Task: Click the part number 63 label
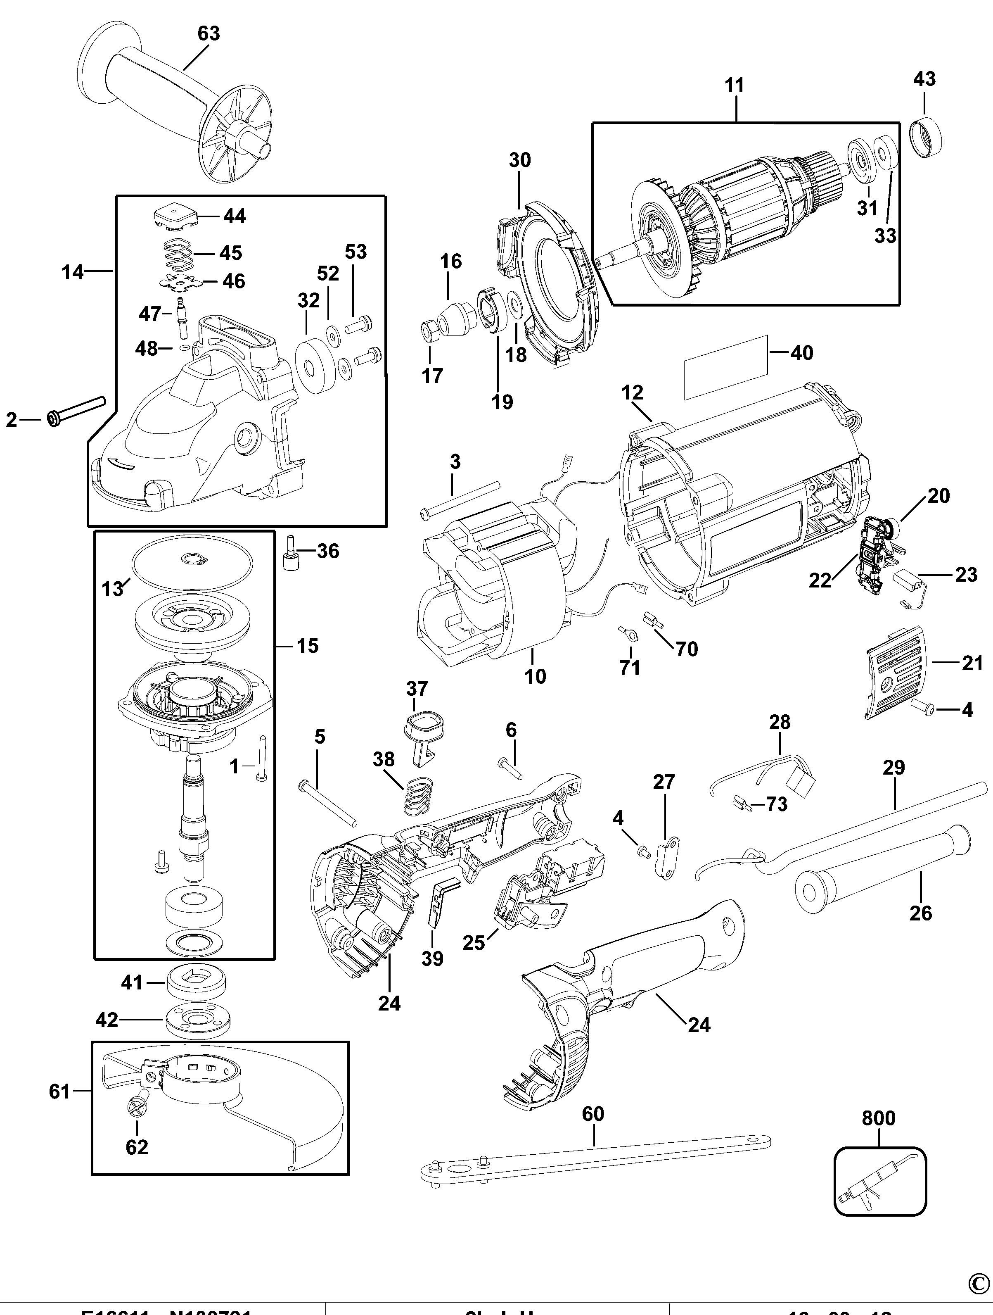pyautogui.click(x=209, y=34)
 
